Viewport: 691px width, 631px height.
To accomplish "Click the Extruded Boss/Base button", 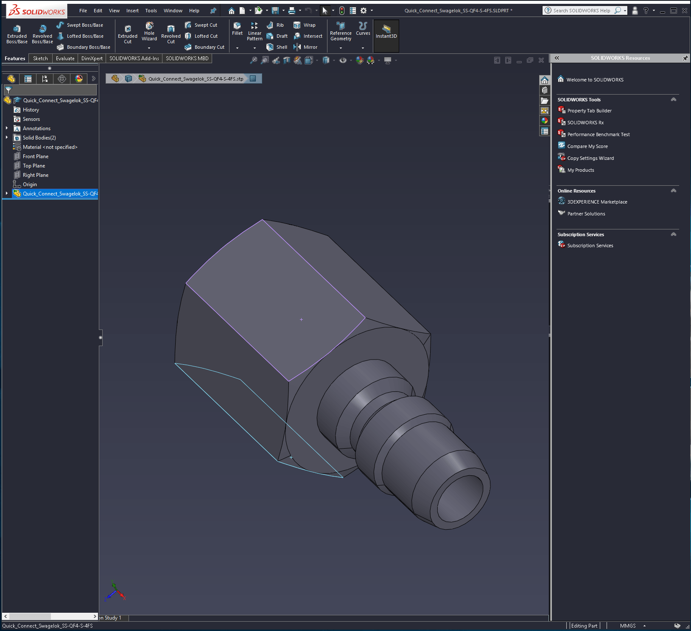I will click(x=17, y=34).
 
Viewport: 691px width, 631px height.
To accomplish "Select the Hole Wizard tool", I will click(x=149, y=32).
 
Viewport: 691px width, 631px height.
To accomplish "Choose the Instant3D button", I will click(x=386, y=32).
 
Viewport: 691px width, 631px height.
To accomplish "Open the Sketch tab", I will click(x=40, y=59).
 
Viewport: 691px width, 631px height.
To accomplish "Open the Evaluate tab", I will click(x=65, y=59).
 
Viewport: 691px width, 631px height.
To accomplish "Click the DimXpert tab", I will click(x=92, y=59).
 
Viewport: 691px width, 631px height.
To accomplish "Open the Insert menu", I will click(x=132, y=11).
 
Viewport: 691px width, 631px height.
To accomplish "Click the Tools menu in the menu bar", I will click(x=151, y=11).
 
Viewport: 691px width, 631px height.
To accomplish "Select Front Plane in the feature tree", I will click(x=36, y=156).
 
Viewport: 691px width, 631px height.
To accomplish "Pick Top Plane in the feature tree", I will click(x=34, y=166).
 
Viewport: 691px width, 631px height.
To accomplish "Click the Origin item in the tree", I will click(x=30, y=184).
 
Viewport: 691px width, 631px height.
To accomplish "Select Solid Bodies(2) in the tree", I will click(x=39, y=138).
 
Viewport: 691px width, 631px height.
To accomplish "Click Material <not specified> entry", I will click(x=50, y=147).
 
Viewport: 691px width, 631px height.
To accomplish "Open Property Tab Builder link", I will click(x=589, y=111).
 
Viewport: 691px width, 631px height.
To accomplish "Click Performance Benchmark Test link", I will click(x=598, y=134).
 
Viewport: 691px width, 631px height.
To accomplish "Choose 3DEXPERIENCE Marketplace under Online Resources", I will click(x=597, y=202).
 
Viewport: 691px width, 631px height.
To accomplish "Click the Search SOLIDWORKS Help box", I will click(x=581, y=11).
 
